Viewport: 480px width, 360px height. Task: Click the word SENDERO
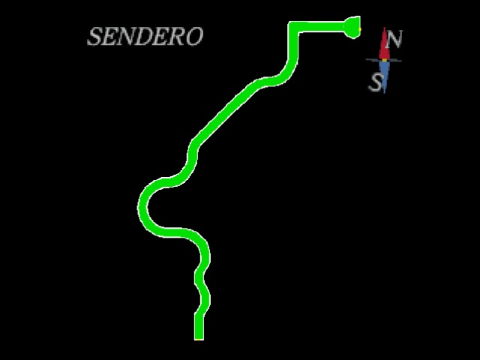145,36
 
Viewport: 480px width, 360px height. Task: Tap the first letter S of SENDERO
94,37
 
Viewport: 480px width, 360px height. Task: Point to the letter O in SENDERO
194,37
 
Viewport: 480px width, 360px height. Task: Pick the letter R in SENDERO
177,37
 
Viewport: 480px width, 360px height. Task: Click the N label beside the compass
394,39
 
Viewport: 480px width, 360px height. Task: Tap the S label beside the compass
376,82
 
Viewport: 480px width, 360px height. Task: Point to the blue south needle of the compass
385,76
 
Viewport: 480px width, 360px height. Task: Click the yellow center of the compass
385,60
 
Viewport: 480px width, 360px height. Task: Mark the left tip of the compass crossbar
366,60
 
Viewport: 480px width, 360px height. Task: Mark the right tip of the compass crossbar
401,61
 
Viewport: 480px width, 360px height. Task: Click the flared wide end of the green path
352,27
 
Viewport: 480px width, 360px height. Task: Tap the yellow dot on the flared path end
360,29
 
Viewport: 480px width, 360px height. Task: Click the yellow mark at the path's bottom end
199,339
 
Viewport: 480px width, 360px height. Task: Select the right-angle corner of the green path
293,27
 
